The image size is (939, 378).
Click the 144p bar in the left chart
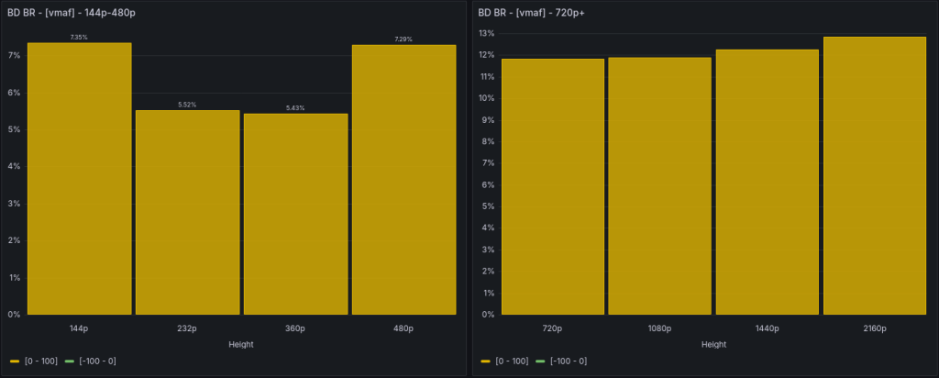(79, 179)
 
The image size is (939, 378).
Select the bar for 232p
(187, 212)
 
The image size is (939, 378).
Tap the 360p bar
(295, 214)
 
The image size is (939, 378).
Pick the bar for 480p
(403, 179)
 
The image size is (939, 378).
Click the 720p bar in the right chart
(553, 186)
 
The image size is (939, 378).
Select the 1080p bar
(659, 186)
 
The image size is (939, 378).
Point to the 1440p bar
(767, 182)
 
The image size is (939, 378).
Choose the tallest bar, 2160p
(874, 175)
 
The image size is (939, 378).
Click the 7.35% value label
(79, 37)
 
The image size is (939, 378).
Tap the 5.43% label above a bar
(295, 108)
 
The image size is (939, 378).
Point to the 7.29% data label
(403, 39)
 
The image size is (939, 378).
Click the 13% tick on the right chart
(486, 34)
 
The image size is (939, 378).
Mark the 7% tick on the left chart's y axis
(14, 56)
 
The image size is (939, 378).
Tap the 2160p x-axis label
(874, 328)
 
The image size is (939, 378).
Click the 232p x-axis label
(187, 328)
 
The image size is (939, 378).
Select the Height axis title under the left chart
(240, 344)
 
